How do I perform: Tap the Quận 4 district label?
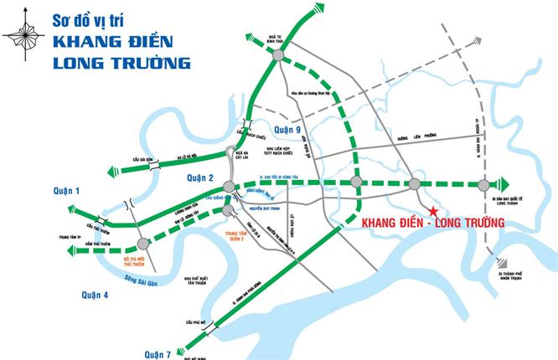pyautogui.click(x=96, y=294)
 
